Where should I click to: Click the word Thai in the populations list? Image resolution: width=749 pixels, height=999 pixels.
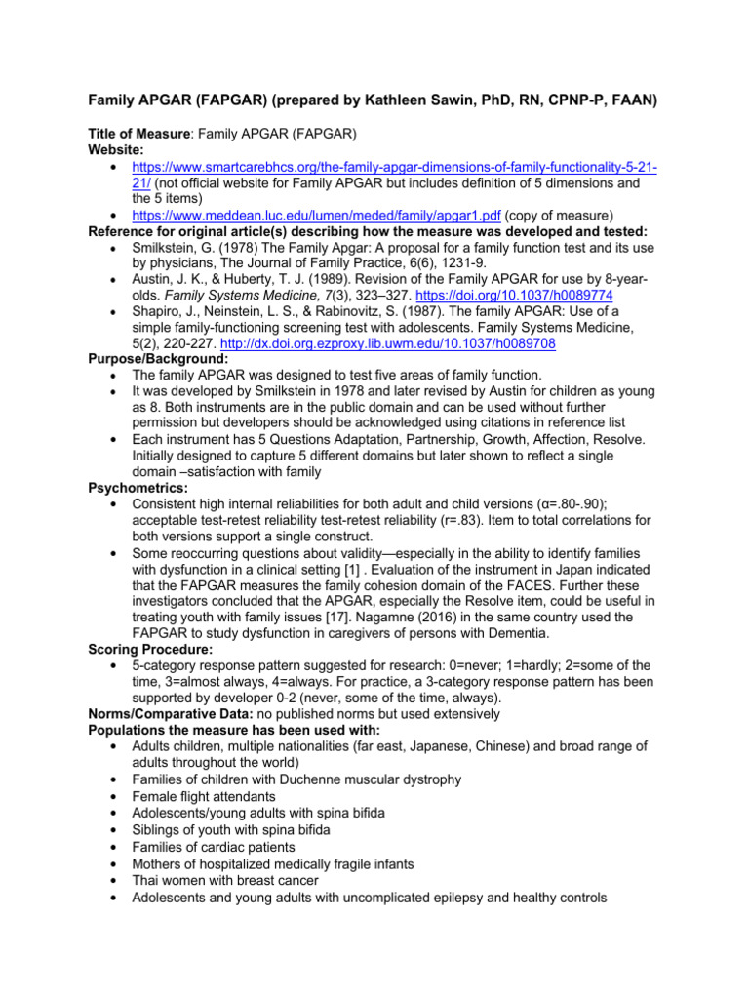147,880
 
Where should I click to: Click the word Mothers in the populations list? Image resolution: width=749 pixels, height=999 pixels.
158,864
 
